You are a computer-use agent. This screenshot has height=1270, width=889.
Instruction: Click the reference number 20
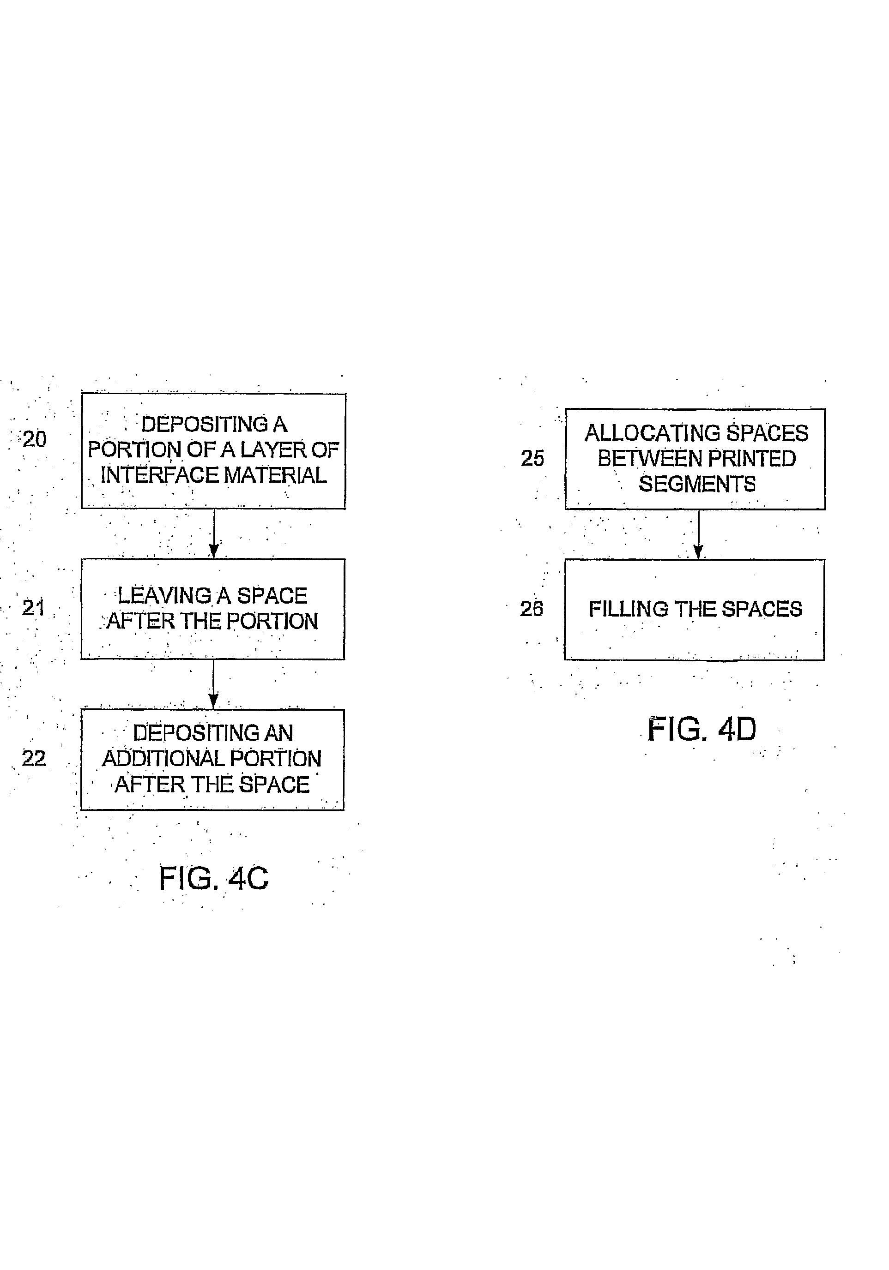34,439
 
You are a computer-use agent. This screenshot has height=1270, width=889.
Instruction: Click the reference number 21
33,608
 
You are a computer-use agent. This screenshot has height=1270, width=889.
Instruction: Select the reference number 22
34,758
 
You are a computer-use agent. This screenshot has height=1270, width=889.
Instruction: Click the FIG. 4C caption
214,878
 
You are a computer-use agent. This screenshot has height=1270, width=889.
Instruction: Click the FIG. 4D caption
702,729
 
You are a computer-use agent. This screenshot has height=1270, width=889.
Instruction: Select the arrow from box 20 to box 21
214,534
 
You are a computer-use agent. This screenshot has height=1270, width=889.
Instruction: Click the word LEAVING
164,596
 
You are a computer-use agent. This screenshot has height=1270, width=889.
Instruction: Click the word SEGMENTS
697,484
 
